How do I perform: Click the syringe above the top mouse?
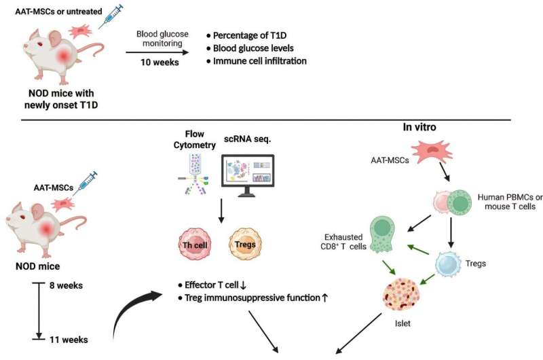click(111, 16)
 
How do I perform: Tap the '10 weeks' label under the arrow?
click(160, 62)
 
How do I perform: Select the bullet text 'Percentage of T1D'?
click(250, 35)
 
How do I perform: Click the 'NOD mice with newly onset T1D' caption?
click(61, 98)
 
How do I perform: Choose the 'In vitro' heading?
click(419, 127)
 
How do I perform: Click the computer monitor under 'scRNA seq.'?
click(248, 176)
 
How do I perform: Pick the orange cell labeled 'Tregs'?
click(245, 244)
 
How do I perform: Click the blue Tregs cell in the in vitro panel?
click(449, 264)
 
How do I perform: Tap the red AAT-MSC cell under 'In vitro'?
click(432, 151)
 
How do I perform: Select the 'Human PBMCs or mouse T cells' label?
click(510, 202)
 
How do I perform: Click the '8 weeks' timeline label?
click(66, 285)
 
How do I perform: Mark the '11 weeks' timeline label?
click(69, 340)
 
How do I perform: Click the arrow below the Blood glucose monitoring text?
click(157, 52)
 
